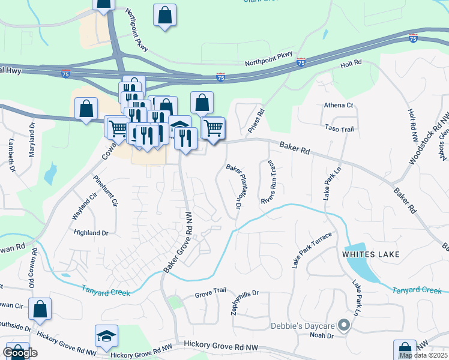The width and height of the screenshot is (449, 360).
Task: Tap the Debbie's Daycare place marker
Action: click(x=344, y=326)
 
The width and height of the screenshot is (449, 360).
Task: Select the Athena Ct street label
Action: click(x=339, y=105)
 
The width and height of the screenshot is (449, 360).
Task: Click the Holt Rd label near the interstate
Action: click(x=351, y=63)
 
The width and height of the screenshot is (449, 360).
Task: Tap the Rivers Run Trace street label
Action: click(x=268, y=182)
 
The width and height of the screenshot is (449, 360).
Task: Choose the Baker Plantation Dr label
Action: click(x=234, y=187)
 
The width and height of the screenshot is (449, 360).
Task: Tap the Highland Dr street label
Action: click(x=91, y=232)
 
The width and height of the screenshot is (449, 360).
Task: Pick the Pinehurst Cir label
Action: click(x=106, y=190)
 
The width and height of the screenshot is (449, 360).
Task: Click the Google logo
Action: click(x=20, y=353)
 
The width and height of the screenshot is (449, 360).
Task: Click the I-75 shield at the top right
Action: click(x=413, y=38)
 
